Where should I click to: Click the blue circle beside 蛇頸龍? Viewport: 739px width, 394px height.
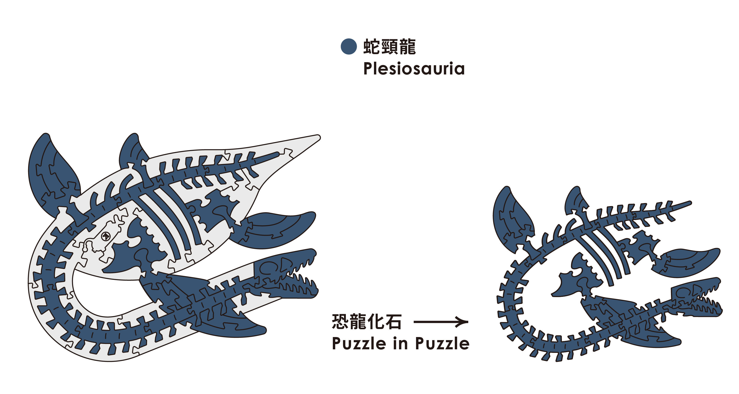[x=348, y=47]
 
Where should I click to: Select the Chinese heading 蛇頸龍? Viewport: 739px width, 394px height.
[x=389, y=47]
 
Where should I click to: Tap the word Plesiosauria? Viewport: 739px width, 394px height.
[x=414, y=69]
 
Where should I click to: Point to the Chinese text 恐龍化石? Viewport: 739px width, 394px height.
[x=366, y=321]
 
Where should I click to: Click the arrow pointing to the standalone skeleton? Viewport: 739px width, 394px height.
[x=441, y=322]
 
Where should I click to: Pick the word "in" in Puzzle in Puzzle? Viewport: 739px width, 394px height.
[x=400, y=343]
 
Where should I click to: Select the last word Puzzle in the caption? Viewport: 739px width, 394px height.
[x=442, y=343]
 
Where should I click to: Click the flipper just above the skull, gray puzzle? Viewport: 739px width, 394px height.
[x=275, y=229]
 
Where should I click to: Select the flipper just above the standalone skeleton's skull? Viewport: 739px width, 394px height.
[x=688, y=262]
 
